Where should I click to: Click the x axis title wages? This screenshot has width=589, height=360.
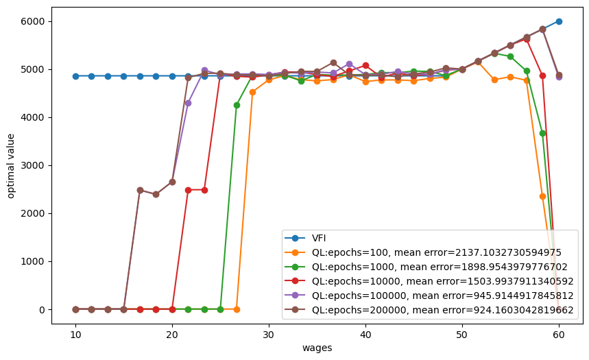317,348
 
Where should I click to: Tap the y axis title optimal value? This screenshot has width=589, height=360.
12,165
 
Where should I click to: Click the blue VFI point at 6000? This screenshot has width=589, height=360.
559,21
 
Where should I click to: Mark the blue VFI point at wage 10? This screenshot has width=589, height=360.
75,76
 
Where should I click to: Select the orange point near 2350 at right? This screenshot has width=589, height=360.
542,196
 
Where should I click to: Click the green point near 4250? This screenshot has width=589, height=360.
237,105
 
